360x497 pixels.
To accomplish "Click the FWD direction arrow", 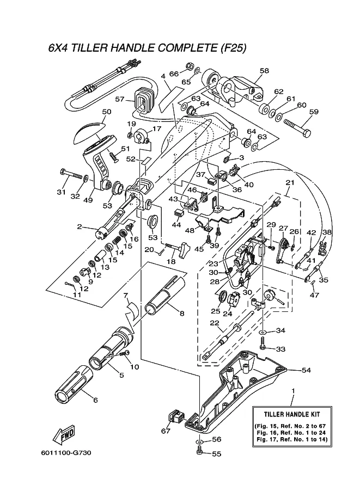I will click(x=63, y=435).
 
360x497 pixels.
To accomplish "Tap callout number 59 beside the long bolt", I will click(x=314, y=113).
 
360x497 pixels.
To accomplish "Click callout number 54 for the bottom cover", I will click(x=306, y=370).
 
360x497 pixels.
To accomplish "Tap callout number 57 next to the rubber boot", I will click(x=120, y=100).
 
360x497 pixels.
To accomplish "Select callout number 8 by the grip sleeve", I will click(x=181, y=313).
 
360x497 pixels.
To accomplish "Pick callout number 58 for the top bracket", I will click(x=264, y=71).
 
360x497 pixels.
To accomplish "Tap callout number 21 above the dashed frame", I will click(x=290, y=183).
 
